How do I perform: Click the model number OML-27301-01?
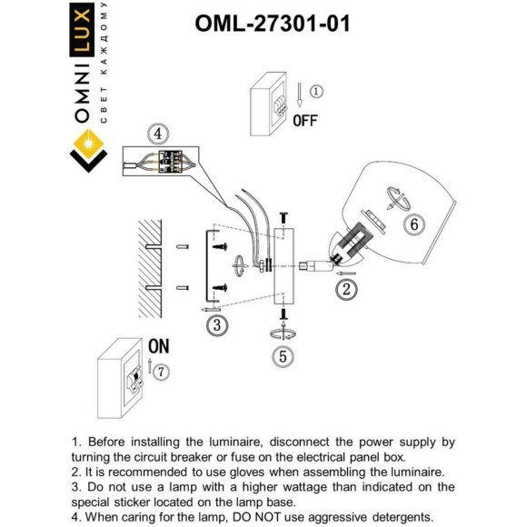coord(272,24)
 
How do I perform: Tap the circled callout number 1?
coord(315,92)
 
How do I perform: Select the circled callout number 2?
coord(344,290)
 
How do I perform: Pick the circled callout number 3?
coord(215,323)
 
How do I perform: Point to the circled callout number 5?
coord(283,356)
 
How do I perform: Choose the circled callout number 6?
coord(413,224)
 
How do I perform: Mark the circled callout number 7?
coord(161,372)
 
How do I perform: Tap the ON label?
coord(158,346)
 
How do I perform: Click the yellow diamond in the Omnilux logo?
coord(89,144)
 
